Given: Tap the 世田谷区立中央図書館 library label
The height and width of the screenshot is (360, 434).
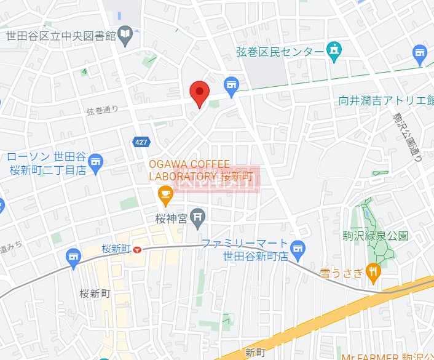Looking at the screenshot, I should coord(61,35).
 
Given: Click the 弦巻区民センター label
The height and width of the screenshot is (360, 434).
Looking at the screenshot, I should coord(279,52).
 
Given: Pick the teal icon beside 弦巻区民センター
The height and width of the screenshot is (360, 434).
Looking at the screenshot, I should coord(334,52).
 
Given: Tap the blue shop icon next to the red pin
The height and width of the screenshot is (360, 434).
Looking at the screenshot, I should coord(232,86).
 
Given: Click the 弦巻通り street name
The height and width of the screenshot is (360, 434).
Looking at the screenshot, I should coord(102,111).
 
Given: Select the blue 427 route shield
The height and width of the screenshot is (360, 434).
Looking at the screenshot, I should coord(141,142).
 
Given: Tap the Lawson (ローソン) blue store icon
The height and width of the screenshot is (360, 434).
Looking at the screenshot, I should coord(95,163).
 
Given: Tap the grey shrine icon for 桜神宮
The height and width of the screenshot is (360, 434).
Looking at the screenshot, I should coord(197,216).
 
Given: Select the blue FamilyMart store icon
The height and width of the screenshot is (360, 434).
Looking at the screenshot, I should coord(298,249).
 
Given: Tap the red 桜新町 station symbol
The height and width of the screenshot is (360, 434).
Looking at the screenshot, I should coord(137,250).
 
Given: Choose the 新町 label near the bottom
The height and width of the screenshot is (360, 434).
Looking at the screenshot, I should coord(254,353).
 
